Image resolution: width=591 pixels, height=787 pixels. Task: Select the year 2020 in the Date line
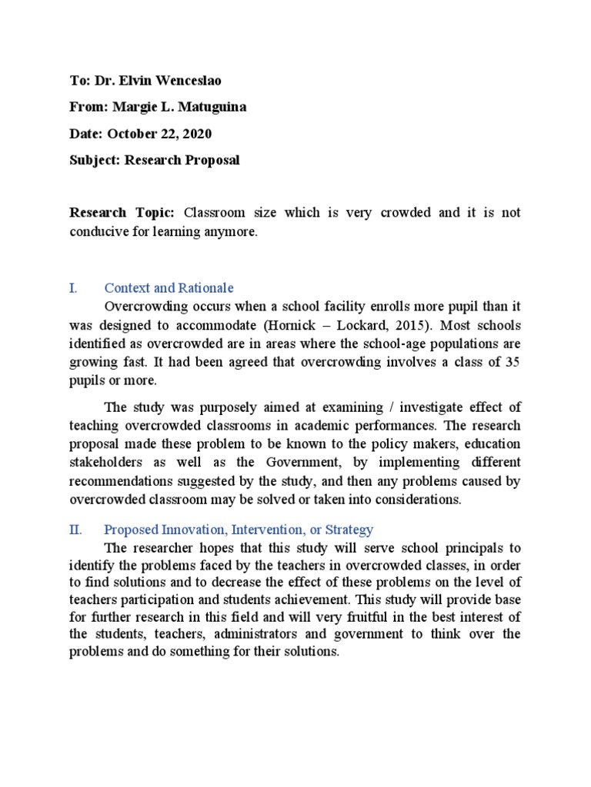(x=195, y=134)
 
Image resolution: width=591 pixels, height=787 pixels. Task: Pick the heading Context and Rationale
(x=169, y=288)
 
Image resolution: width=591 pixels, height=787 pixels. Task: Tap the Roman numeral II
(x=76, y=530)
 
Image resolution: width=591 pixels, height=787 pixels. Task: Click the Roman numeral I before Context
(x=72, y=288)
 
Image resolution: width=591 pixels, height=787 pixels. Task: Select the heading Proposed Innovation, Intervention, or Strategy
(x=239, y=530)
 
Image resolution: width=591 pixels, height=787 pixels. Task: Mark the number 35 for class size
(x=512, y=362)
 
